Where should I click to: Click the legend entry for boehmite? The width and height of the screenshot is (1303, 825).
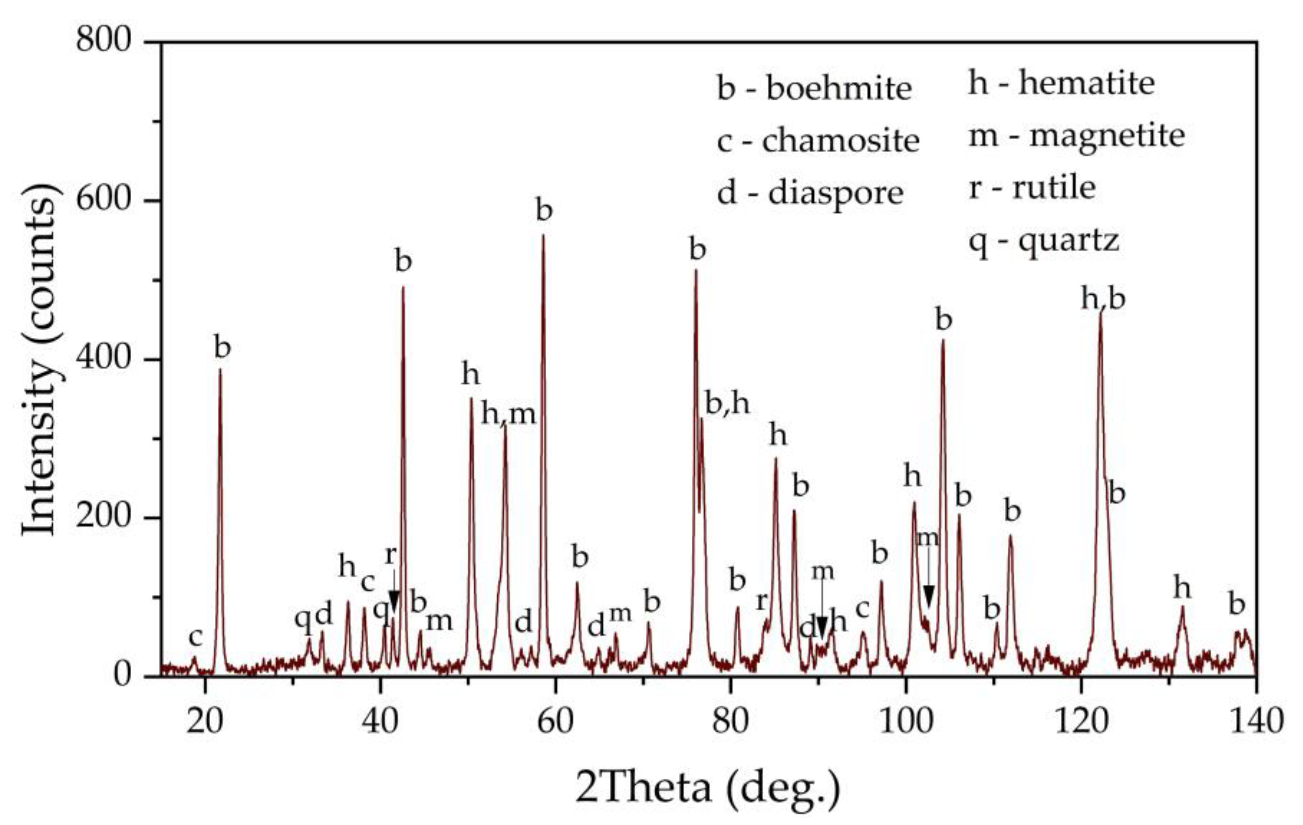tap(814, 89)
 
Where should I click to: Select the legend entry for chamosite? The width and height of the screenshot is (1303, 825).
tap(818, 141)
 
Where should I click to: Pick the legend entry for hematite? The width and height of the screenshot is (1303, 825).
tap(1061, 83)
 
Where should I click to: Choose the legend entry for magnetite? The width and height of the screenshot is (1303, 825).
tap(1076, 135)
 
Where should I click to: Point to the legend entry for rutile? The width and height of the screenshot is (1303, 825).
tap(1032, 188)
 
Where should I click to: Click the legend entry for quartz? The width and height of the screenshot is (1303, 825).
tap(1043, 241)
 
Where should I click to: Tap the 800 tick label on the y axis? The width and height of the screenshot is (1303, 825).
tap(104, 41)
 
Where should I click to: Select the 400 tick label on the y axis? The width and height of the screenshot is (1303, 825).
tap(104, 359)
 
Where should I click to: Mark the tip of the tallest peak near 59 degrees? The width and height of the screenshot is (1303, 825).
tap(543, 235)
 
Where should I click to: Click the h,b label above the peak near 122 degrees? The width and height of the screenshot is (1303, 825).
tap(1103, 298)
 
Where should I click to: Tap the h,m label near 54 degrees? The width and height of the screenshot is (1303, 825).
tap(508, 414)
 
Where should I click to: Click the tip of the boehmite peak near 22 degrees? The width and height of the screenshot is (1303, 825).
tap(220, 369)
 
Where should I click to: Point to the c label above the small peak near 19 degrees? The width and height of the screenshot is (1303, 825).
tap(195, 637)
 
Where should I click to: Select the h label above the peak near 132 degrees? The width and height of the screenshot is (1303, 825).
tap(1182, 588)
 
